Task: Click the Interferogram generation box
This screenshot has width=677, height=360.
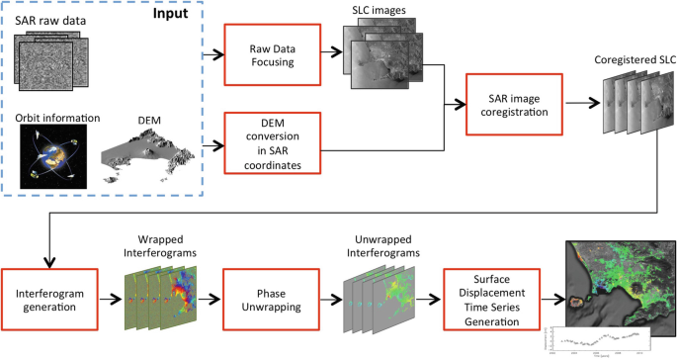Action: (49, 295)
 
